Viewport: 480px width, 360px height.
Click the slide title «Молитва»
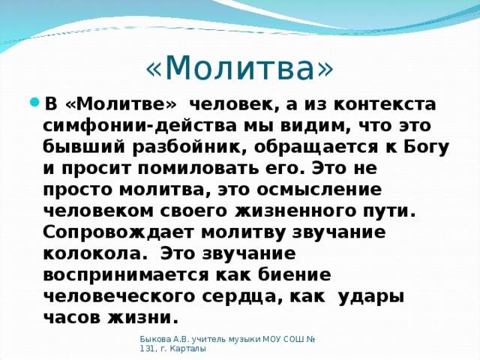click(x=239, y=67)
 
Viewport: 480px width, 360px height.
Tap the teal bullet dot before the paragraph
click(x=34, y=101)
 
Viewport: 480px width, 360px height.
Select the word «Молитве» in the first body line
click(x=121, y=104)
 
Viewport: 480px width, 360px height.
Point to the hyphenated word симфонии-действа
click(x=139, y=127)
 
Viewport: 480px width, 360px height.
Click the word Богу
click(x=427, y=148)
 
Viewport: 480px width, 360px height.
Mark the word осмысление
click(x=319, y=190)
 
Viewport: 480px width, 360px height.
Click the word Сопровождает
click(x=118, y=233)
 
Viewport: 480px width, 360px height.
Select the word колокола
click(x=93, y=253)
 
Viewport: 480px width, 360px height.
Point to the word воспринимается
click(x=126, y=276)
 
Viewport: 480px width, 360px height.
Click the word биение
click(x=295, y=275)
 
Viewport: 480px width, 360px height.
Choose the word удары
click(x=372, y=297)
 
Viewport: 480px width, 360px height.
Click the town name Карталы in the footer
click(x=187, y=349)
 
